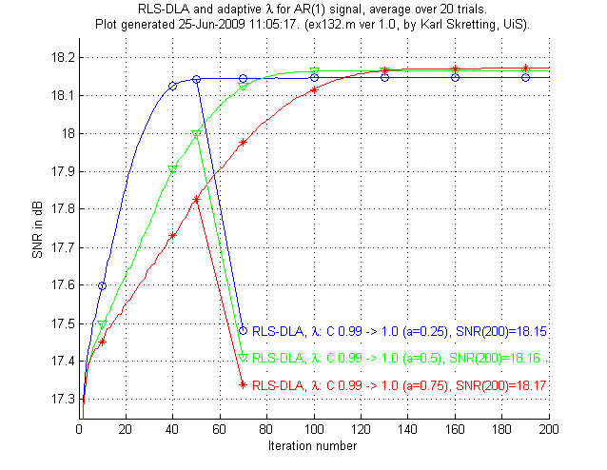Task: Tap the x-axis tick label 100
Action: point(314,431)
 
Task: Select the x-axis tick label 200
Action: point(549,431)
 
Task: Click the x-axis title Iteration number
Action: point(314,445)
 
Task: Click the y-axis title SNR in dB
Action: point(36,228)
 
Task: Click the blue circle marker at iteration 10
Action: point(102,285)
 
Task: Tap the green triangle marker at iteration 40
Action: point(172,169)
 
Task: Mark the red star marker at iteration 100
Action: point(314,89)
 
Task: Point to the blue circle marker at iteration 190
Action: point(525,77)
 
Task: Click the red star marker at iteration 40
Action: point(172,235)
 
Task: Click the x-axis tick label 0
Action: point(79,431)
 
